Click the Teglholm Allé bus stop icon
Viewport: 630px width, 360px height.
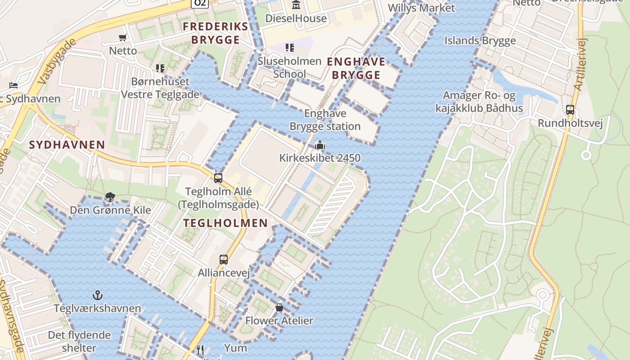pos(218,178)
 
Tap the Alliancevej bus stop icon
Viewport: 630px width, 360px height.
pos(224,259)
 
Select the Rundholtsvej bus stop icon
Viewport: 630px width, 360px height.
pos(570,109)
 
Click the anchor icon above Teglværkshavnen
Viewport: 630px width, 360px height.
pos(98,295)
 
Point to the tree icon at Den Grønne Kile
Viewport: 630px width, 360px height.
pos(110,197)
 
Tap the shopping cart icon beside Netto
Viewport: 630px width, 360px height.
pos(123,37)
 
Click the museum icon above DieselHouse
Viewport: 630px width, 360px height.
pos(296,5)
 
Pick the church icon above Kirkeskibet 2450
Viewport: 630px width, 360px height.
pos(320,145)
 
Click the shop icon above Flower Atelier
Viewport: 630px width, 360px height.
pos(279,307)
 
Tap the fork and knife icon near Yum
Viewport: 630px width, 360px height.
pos(201,349)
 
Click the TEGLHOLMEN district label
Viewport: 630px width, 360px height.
pos(225,223)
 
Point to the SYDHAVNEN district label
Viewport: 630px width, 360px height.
pos(67,145)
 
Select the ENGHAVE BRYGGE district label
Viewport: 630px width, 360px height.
pos(356,68)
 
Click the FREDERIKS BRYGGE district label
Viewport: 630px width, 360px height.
pos(216,33)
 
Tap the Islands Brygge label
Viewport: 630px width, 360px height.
pos(480,40)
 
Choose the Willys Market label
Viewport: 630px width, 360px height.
pos(421,8)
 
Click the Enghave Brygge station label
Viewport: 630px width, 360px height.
pos(325,120)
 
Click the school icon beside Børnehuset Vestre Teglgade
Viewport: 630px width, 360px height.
pos(160,68)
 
